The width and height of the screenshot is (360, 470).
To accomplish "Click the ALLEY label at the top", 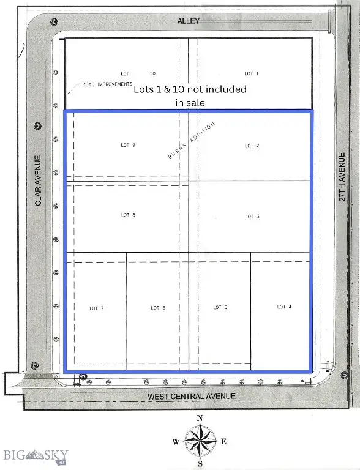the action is point(189,21).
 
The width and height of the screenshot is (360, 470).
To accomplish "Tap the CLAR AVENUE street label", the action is point(38,181).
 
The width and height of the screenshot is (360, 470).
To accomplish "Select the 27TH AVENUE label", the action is point(342,177).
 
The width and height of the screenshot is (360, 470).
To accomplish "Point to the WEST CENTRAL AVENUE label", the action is point(192,397).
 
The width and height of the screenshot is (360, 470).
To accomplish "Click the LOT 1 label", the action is point(252,73).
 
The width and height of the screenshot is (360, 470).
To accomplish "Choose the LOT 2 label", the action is point(252,146).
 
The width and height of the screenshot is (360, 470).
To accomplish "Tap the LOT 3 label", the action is point(252,217).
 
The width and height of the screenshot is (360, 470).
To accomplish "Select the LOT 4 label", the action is point(284,307).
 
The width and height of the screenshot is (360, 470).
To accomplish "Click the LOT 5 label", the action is point(220,307).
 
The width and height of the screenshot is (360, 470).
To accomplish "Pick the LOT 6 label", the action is point(158,308).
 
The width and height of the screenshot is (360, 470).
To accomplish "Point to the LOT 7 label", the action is point(97,308).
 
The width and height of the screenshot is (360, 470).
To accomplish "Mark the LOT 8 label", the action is point(128,215).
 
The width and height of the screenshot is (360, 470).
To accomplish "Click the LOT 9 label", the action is point(128,145).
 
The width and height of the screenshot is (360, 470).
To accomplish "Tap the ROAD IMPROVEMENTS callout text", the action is point(107,84).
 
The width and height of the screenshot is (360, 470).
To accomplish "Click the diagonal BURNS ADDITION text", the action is point(192,140).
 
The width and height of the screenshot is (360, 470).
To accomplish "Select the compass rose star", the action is point(200,441).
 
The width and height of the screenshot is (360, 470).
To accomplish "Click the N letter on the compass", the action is point(200,418).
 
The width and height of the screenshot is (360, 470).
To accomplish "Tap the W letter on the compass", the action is point(176,441).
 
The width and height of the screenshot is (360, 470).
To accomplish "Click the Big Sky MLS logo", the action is point(36,456).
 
